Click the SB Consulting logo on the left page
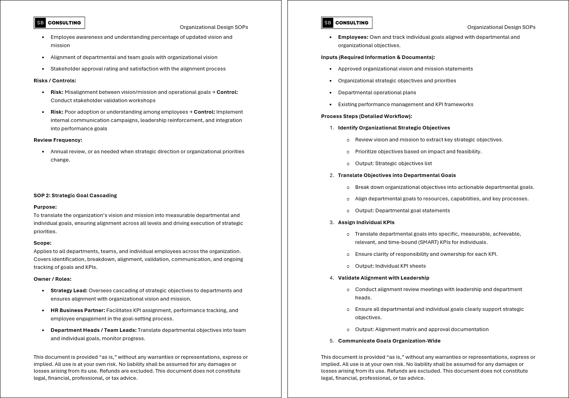coord(59,23)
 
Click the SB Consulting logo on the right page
coord(347,23)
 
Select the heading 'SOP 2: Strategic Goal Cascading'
coord(75,195)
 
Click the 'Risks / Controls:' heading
coord(55,80)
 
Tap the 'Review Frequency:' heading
coord(58,140)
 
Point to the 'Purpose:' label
coord(45,207)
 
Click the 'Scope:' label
coord(42,243)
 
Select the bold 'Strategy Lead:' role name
coord(69,290)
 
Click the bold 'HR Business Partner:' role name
coord(78,310)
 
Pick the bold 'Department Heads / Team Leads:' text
coord(93,330)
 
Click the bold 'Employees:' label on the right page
coord(353,37)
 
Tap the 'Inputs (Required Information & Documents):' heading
coord(378,57)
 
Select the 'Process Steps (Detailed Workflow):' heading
coord(366,116)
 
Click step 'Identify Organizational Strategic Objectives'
coord(394,128)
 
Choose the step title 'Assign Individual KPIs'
coord(366,222)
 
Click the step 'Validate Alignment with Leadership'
coord(384,278)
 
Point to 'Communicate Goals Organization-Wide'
coord(389,341)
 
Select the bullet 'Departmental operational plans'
coord(377,92)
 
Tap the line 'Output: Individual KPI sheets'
coord(390,266)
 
